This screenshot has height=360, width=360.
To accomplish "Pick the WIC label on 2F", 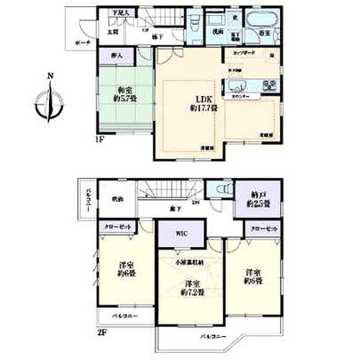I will click(181, 234).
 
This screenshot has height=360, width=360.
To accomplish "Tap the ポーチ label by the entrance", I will click(83, 42).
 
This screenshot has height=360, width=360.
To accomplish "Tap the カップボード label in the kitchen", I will click(244, 53).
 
